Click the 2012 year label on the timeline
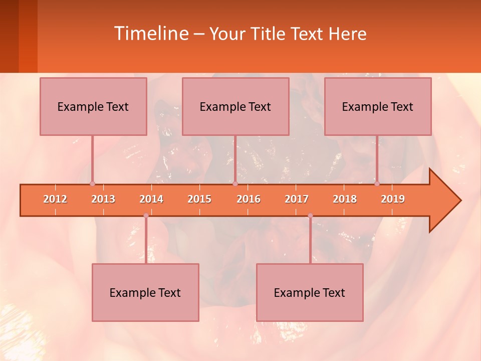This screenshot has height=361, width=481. coord(55,199)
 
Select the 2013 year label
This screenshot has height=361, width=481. coord(103,199)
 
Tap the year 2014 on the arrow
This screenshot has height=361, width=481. coord(151,199)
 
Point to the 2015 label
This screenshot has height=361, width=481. coord(199,199)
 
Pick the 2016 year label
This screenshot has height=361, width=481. coord(249,199)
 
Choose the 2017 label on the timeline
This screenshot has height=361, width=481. coord(297,199)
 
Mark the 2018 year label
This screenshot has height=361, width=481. coord(345,199)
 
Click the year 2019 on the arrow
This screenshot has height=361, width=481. coord(393,199)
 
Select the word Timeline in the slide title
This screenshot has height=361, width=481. coord(150,34)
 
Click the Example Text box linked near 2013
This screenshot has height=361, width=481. coord(93,107)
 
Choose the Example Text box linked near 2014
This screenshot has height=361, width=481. coord(145,293)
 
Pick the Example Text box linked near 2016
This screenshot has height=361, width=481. coord(235,107)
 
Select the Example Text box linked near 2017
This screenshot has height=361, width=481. coord(310,293)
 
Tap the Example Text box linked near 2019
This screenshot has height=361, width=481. coord(378,107)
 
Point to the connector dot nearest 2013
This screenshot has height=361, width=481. coord(92,184)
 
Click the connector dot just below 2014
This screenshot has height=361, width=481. coord(146,216)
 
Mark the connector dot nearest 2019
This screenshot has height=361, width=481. coord(377,184)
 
